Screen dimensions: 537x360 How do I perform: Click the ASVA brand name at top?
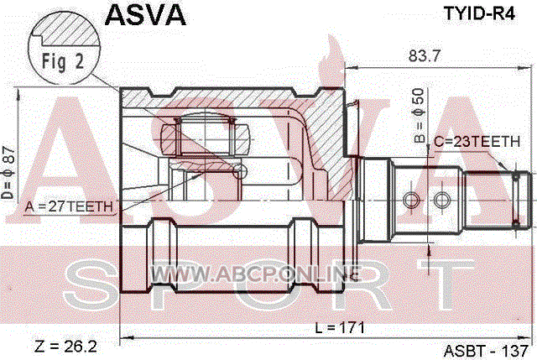click(145, 15)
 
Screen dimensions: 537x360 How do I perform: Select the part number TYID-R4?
click(479, 13)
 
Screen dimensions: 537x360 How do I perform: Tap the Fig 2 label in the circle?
click(63, 62)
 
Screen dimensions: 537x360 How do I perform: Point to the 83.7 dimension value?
click(424, 56)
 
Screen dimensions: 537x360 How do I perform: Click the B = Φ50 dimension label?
click(420, 116)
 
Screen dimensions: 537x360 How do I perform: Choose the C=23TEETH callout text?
click(477, 142)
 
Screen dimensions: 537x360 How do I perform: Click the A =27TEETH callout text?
click(69, 206)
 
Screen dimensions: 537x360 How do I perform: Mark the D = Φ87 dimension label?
click(8, 173)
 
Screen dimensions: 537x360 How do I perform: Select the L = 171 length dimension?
click(340, 328)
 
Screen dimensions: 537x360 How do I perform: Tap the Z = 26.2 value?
click(65, 347)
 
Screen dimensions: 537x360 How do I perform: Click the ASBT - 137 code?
click(487, 351)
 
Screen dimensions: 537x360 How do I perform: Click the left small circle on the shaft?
click(411, 200)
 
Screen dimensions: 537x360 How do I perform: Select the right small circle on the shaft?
click(442, 200)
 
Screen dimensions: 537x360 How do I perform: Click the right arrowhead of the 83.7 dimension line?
click(529, 68)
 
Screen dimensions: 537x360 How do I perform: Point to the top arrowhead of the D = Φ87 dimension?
click(17, 93)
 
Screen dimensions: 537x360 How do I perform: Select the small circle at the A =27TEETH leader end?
click(240, 170)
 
